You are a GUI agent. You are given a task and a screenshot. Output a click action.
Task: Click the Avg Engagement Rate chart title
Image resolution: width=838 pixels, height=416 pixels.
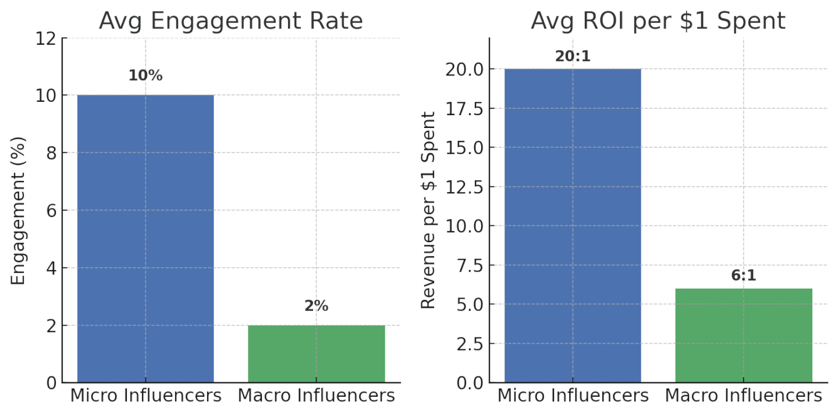[231, 21]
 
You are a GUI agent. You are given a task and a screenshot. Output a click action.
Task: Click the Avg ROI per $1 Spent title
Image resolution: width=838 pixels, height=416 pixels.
[658, 21]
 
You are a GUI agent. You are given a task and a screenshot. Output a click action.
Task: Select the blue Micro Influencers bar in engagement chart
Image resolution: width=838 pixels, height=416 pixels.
[145, 239]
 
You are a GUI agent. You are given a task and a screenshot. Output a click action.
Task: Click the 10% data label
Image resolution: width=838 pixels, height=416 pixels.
[145, 76]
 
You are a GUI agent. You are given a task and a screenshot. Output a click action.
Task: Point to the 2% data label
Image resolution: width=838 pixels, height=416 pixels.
[317, 306]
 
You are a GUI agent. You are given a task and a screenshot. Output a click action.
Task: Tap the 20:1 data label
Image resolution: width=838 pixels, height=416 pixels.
[573, 56]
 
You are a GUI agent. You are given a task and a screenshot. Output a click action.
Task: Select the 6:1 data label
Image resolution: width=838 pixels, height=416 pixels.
[744, 276]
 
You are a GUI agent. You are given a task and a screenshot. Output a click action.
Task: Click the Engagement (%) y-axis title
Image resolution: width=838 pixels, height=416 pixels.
[19, 211]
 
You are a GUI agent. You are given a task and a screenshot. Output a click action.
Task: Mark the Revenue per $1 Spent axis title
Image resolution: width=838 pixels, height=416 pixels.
[428, 211]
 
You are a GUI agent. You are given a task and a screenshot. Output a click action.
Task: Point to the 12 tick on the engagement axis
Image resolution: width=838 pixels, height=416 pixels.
[46, 38]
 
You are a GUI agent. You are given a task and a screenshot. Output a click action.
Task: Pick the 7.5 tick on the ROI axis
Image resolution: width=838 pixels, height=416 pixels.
[468, 265]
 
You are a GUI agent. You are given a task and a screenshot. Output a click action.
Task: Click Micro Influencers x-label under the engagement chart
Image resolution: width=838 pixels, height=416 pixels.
[145, 396]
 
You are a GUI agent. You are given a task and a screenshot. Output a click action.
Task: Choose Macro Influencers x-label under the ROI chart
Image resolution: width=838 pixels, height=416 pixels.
[744, 396]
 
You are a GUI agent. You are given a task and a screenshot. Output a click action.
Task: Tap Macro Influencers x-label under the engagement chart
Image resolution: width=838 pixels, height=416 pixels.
[317, 396]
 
